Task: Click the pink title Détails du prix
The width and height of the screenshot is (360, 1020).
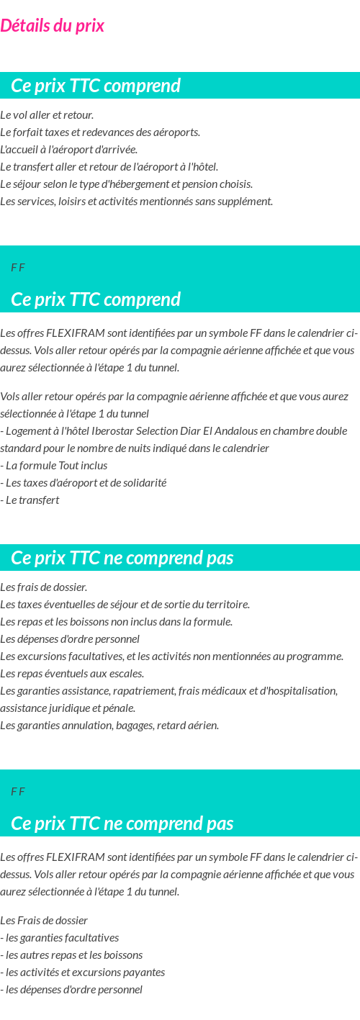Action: click(x=52, y=26)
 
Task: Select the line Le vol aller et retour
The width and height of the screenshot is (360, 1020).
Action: click(x=47, y=115)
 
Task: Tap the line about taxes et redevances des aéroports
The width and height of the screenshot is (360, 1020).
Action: click(x=100, y=132)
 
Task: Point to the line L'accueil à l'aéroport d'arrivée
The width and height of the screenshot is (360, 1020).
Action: click(x=68, y=150)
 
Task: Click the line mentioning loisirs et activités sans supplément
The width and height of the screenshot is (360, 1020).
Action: click(x=136, y=202)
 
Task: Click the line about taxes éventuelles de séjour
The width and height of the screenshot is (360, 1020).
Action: click(x=125, y=605)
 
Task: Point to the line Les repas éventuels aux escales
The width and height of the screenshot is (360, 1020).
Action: click(x=72, y=674)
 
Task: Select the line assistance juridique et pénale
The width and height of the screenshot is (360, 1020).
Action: click(x=68, y=708)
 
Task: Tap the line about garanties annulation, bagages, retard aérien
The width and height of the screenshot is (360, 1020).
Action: click(x=109, y=726)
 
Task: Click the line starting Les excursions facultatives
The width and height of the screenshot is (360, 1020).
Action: click(x=171, y=656)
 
